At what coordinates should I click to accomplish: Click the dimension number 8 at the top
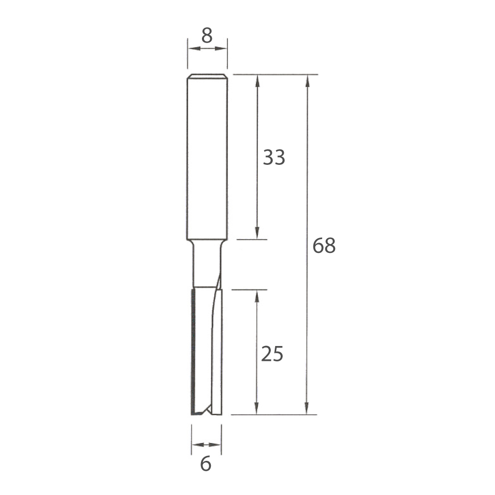[x=207, y=36]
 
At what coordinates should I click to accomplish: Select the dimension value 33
[x=274, y=158]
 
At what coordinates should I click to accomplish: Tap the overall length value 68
[x=324, y=246]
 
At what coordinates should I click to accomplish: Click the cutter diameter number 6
[x=206, y=465]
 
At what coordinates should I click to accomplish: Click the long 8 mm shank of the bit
[x=207, y=158]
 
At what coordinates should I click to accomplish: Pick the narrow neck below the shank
[x=205, y=265]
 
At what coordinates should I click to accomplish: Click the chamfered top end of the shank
[x=207, y=76]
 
